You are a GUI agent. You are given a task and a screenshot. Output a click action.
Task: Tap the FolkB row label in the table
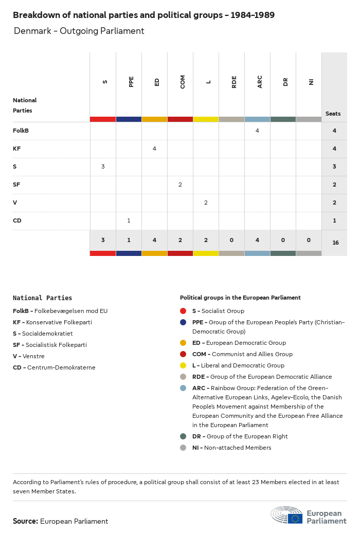tap(21, 131)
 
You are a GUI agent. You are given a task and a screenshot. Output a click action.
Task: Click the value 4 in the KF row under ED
tap(154, 149)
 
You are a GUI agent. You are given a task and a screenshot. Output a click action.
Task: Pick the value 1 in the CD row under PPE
tap(129, 220)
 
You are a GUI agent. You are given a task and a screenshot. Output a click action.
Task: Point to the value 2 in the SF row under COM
tap(180, 185)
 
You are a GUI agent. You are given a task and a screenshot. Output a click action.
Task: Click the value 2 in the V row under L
tap(206, 202)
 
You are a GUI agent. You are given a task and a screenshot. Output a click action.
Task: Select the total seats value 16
tap(335, 242)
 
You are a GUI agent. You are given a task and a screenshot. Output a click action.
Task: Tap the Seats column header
tap(333, 114)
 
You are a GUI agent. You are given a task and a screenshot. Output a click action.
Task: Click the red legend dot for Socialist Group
tap(183, 311)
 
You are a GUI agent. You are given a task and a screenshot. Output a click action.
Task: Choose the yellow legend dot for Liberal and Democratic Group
tap(183, 365)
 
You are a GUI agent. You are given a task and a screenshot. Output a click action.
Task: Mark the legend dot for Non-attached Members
tap(183, 448)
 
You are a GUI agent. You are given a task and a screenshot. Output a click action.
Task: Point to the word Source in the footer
tap(25, 521)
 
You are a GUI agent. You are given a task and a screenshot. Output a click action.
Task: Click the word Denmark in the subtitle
tap(32, 31)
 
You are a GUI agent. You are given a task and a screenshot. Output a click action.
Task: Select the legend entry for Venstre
tap(29, 356)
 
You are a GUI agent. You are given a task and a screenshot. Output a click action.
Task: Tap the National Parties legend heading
tap(42, 298)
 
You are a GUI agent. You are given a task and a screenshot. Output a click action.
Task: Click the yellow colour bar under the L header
tap(206, 119)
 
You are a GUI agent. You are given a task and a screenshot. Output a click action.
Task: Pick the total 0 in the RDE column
tap(231, 240)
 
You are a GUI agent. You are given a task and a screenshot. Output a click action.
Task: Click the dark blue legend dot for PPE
tap(183, 322)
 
